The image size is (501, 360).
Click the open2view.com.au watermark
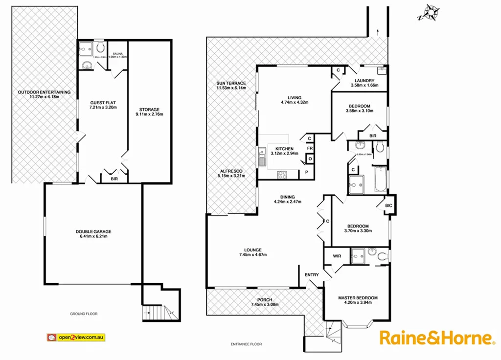pyautogui.click(x=76, y=337)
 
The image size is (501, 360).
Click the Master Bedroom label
pyautogui.click(x=358, y=297)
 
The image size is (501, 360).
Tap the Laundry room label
pyautogui.click(x=363, y=81)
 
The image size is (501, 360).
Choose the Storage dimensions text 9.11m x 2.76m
pyautogui.click(x=149, y=114)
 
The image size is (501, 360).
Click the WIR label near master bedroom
pyautogui.click(x=337, y=256)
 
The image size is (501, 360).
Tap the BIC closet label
pyautogui.click(x=389, y=206)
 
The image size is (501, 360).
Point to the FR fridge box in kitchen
pyautogui.click(x=310, y=148)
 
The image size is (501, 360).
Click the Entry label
pyautogui.click(x=312, y=275)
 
